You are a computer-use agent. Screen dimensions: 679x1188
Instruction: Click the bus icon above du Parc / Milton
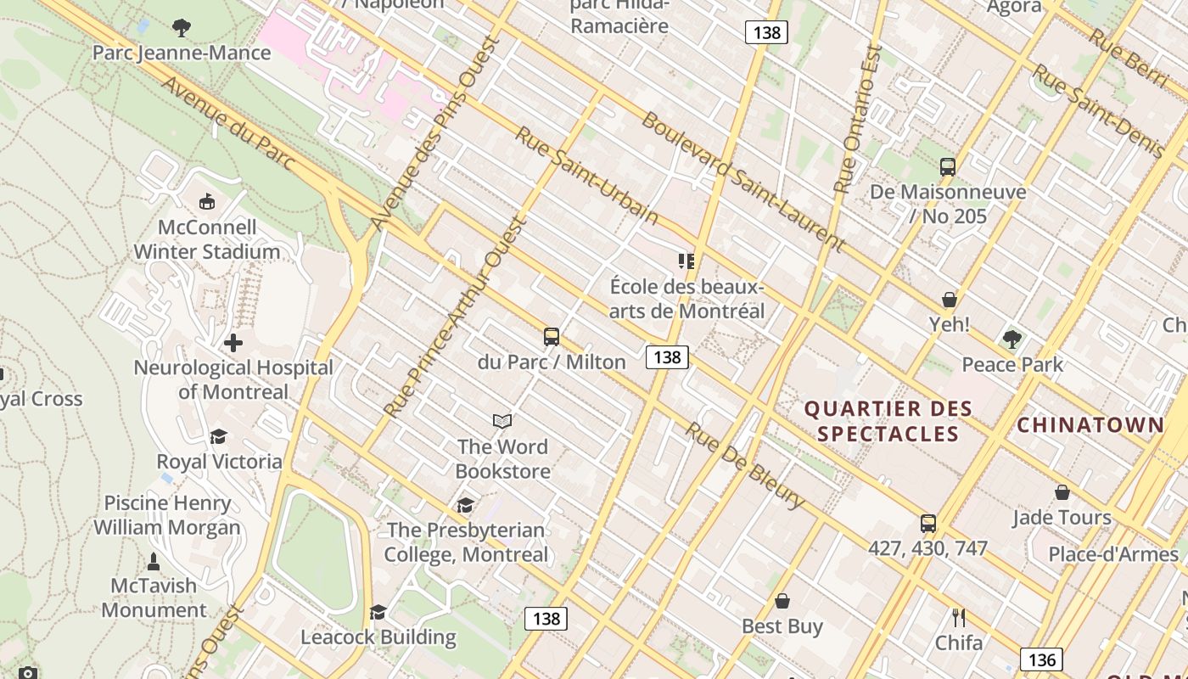(x=552, y=337)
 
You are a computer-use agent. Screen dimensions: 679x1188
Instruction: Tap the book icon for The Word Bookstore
(x=502, y=421)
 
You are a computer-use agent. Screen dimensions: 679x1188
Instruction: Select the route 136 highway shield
(x=1041, y=659)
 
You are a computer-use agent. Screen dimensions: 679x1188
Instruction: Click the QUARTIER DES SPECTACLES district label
(x=888, y=421)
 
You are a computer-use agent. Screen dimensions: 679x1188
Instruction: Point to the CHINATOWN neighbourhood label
(x=1090, y=424)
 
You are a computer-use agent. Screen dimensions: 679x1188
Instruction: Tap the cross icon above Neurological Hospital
(x=233, y=343)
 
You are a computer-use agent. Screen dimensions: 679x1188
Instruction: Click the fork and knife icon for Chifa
(x=959, y=617)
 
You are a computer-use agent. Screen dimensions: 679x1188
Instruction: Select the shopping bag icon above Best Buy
(x=782, y=601)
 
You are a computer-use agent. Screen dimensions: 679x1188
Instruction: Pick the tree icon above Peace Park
(x=1011, y=339)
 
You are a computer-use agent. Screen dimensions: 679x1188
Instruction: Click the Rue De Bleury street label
(x=745, y=466)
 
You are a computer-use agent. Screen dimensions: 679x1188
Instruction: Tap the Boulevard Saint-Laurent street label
(x=743, y=182)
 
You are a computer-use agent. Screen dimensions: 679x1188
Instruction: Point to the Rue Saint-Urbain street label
(x=586, y=176)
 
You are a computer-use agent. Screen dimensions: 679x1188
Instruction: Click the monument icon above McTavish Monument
(x=154, y=561)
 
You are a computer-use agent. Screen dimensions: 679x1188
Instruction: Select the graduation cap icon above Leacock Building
(x=378, y=612)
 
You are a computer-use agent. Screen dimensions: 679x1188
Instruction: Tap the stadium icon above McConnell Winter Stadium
(x=206, y=202)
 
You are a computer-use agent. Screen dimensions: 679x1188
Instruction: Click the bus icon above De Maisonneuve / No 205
(x=948, y=167)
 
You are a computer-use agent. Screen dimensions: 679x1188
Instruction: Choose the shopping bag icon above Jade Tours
(x=1062, y=492)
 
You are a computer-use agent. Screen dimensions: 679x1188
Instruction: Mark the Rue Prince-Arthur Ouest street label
(x=456, y=317)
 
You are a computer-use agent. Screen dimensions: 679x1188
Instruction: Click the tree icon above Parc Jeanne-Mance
(x=181, y=28)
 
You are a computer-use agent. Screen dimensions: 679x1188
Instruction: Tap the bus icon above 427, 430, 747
(x=928, y=524)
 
